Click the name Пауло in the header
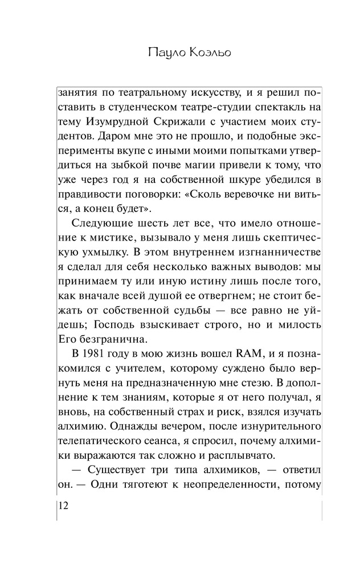point(162,54)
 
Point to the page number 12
point(63,506)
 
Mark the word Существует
point(116,471)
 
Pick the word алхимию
point(81,427)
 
